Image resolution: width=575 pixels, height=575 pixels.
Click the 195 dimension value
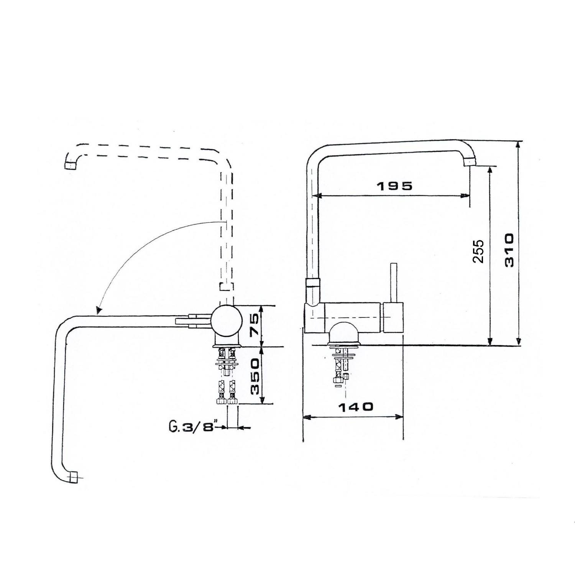pyautogui.click(x=395, y=186)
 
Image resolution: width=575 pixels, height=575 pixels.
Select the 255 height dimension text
pyautogui.click(x=478, y=251)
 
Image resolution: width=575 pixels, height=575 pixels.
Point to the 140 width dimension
pyautogui.click(x=355, y=406)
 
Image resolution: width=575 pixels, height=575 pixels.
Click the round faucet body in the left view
pyautogui.click(x=227, y=320)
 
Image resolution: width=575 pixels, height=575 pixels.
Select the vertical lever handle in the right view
pyautogui.click(x=393, y=283)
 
